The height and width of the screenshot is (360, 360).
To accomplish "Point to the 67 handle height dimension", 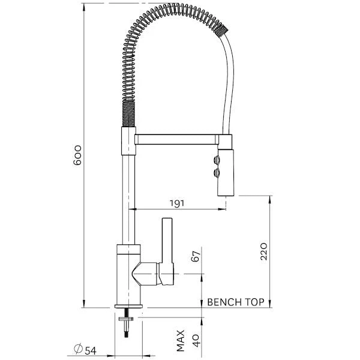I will pos(193,257).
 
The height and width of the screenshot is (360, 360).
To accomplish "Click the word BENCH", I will pos(223,302).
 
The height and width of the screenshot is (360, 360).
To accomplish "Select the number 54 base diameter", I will pos(90,349).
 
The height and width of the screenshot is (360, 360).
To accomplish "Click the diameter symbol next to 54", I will pos(77,349).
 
